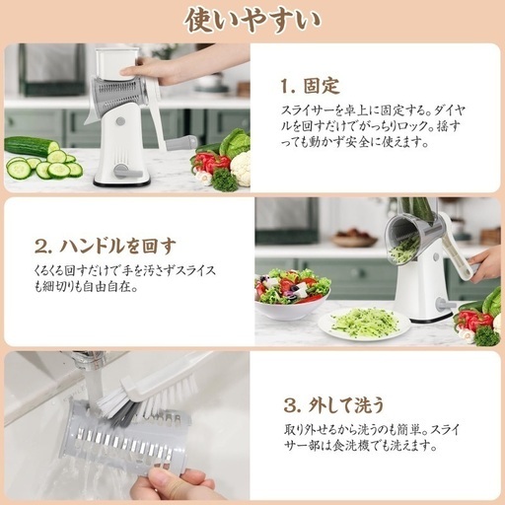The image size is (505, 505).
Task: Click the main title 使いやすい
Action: pos(252,21)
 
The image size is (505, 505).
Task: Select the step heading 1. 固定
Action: pos(310,86)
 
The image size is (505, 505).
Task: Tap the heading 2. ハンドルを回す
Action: pos(106,247)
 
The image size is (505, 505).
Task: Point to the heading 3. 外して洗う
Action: pos(333,405)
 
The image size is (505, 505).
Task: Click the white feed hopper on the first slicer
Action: pos(116,64)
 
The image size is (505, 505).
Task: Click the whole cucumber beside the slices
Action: pos(31,146)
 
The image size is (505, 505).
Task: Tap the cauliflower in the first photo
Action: pos(241,168)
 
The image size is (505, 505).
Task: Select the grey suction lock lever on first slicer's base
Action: pos(123,171)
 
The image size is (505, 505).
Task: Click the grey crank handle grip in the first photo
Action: pos(181,143)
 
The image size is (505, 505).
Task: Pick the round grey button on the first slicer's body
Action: pos(120,121)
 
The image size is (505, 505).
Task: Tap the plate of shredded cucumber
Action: pos(364,323)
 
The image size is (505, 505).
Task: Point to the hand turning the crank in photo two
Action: pos(486,264)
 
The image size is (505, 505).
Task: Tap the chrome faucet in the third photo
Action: pos(86,362)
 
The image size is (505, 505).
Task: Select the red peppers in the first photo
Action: pos(210,162)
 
